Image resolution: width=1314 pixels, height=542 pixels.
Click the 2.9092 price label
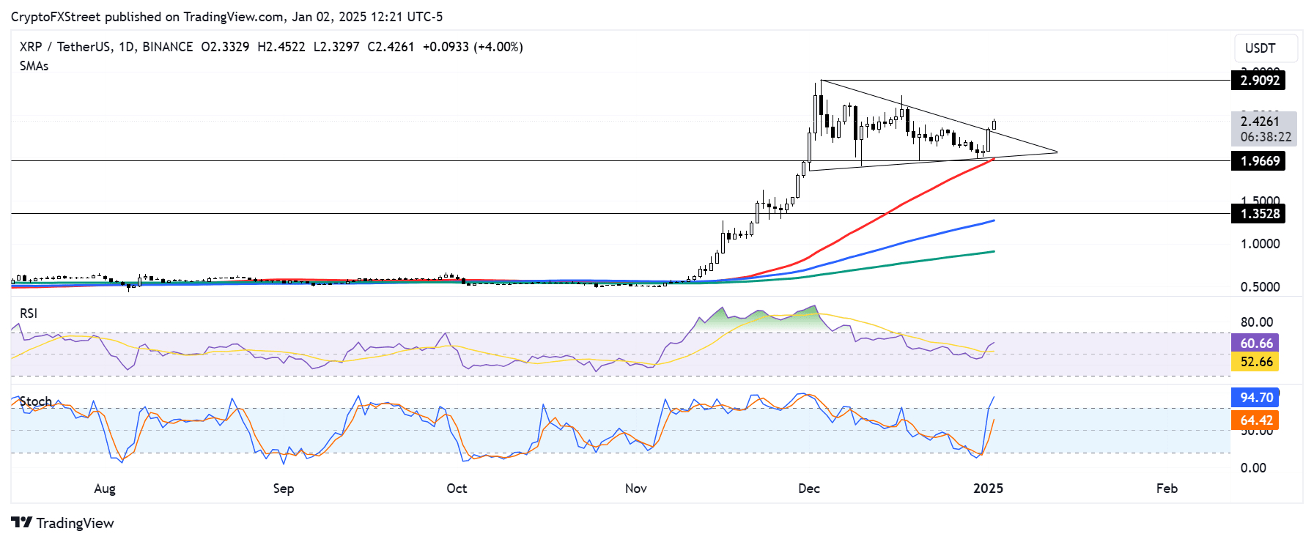click(x=1258, y=81)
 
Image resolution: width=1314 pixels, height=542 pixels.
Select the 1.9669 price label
click(x=1258, y=161)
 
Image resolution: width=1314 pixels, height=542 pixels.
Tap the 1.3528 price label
click(x=1258, y=214)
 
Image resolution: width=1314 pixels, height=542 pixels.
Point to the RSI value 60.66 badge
click(x=1255, y=344)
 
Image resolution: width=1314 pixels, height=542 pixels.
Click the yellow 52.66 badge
click(x=1255, y=362)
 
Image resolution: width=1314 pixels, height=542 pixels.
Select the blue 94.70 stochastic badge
click(x=1255, y=398)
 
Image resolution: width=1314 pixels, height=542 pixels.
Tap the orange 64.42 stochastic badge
click(x=1255, y=420)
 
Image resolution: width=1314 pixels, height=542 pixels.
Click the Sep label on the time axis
click(x=284, y=489)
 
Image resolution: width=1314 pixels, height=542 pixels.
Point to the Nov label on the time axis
click(x=636, y=489)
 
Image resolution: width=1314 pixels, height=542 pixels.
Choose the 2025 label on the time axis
click(x=988, y=489)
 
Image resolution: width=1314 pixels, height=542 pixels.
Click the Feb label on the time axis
click(x=1167, y=489)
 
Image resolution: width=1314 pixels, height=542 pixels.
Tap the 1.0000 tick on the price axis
click(x=1260, y=244)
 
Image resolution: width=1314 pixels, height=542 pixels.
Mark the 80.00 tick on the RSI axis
click(x=1256, y=322)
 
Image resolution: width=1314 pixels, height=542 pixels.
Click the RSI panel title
click(x=29, y=313)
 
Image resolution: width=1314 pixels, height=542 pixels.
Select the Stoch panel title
click(x=36, y=401)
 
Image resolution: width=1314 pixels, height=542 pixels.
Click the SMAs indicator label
click(x=34, y=66)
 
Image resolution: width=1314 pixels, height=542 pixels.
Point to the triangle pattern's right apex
click(x=1058, y=152)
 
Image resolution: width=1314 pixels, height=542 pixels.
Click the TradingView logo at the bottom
click(x=63, y=523)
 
